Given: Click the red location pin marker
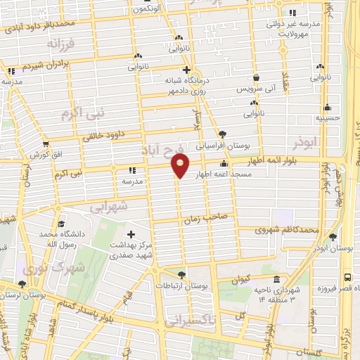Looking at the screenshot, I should click(180, 166).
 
